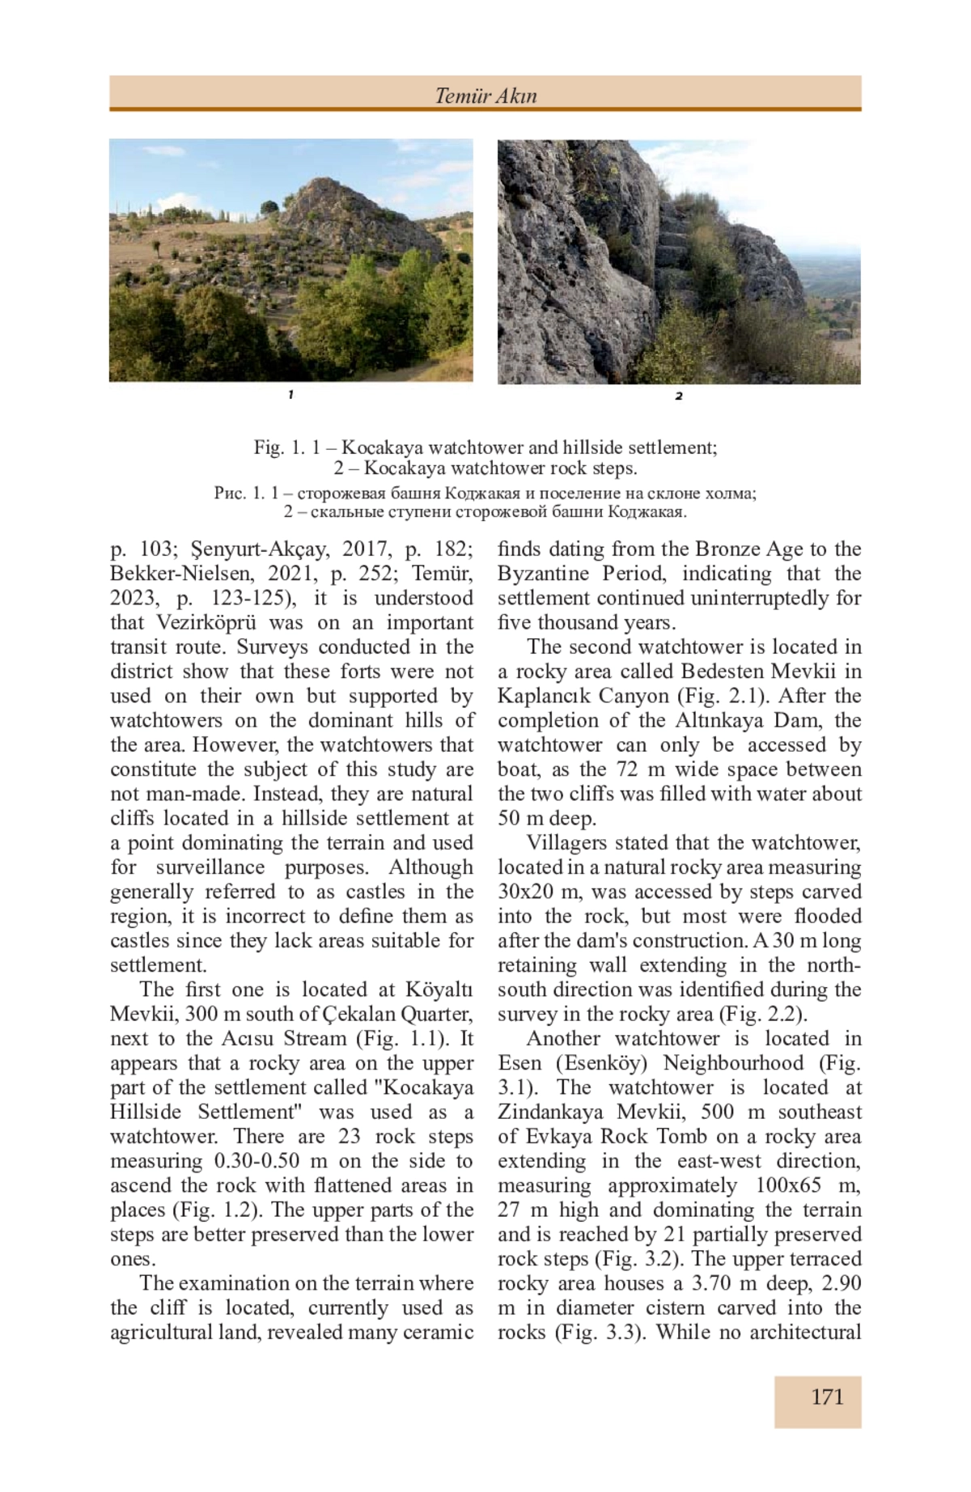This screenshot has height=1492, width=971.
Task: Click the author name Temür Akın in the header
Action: pyautogui.click(x=485, y=95)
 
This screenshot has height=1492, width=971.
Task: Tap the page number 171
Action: pyautogui.click(x=827, y=1397)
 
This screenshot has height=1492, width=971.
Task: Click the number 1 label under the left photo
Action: pyautogui.click(x=290, y=394)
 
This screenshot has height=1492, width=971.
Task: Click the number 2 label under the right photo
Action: pyautogui.click(x=679, y=396)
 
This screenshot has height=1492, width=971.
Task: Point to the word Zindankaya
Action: pyautogui.click(x=551, y=1112)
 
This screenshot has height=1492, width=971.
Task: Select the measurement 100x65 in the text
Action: pyautogui.click(x=788, y=1185)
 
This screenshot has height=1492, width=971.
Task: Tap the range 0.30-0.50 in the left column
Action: pyautogui.click(x=257, y=1161)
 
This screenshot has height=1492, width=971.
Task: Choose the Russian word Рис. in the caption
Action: pyautogui.click(x=227, y=493)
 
